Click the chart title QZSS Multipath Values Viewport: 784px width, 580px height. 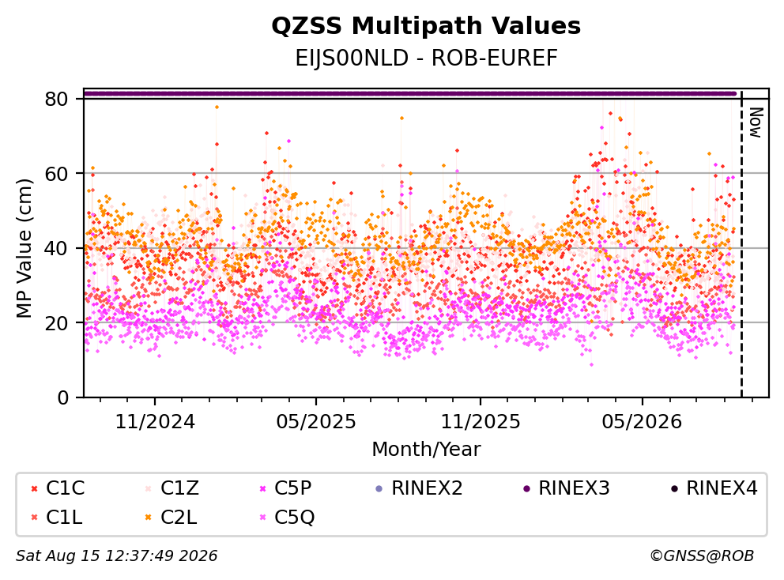[x=426, y=26]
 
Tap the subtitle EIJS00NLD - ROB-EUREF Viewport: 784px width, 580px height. [x=426, y=58]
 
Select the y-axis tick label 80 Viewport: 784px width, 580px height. [x=56, y=99]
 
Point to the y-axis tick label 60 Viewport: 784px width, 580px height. [x=56, y=174]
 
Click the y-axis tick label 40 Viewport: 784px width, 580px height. [x=56, y=248]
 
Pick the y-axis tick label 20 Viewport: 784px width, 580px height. [x=56, y=322]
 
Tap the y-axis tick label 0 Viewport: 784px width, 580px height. [x=62, y=397]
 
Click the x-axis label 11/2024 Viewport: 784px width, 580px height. [x=155, y=422]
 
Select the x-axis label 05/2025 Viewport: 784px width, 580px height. [x=316, y=422]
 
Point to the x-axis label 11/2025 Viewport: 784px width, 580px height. [x=481, y=422]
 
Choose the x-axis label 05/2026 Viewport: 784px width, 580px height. [x=642, y=422]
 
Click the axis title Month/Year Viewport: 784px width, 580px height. [x=426, y=450]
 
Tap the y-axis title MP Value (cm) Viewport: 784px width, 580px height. [x=24, y=248]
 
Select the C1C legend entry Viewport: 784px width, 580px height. [x=58, y=488]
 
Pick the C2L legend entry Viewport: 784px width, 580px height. [x=171, y=517]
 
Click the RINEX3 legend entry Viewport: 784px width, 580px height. [x=567, y=488]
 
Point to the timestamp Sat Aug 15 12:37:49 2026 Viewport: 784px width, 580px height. [x=116, y=556]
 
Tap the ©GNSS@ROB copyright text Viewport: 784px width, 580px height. [x=702, y=556]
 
